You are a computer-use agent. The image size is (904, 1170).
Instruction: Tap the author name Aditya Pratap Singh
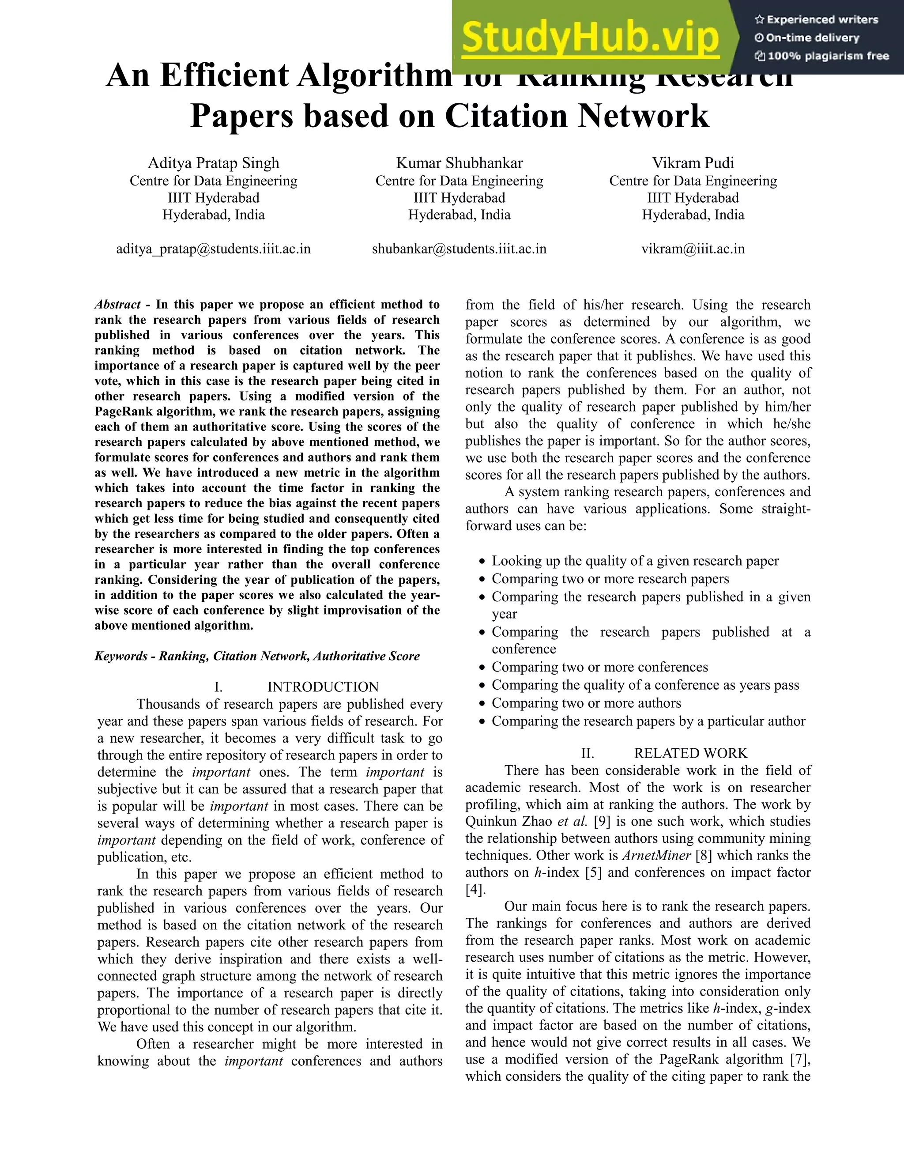pyautogui.click(x=213, y=163)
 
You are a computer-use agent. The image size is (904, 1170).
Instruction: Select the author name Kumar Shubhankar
pyautogui.click(x=459, y=163)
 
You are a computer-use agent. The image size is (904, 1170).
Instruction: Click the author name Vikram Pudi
pyautogui.click(x=693, y=163)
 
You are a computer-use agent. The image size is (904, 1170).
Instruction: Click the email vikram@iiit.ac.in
pyautogui.click(x=693, y=249)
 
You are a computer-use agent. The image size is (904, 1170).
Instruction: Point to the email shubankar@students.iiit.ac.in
pyautogui.click(x=459, y=249)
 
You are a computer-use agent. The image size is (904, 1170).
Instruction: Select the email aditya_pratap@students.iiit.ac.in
pyautogui.click(x=213, y=249)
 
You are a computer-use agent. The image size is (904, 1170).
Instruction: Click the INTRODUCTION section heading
pyautogui.click(x=323, y=687)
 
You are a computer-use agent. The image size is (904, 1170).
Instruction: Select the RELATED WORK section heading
pyautogui.click(x=690, y=753)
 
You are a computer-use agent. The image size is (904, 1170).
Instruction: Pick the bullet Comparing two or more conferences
pyautogui.click(x=599, y=667)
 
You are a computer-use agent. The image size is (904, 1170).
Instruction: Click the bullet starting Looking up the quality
pyautogui.click(x=635, y=561)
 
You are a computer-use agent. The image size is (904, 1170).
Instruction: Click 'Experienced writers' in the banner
pyautogui.click(x=822, y=20)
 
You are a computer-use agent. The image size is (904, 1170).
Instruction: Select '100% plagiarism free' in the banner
pyautogui.click(x=828, y=56)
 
